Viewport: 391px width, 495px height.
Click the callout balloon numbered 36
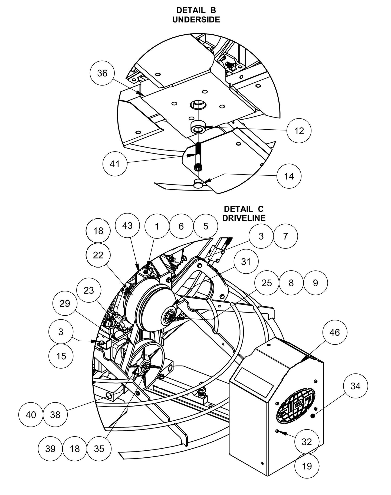(x=102, y=73)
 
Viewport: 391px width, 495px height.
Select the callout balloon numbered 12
(x=299, y=131)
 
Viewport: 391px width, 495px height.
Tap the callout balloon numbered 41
(x=115, y=164)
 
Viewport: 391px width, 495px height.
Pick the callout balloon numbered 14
(x=289, y=176)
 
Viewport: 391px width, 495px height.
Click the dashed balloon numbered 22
(x=98, y=255)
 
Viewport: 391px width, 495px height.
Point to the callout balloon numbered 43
(x=127, y=225)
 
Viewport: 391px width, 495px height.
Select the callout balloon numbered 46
(x=334, y=332)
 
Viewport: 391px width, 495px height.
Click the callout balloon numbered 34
(x=355, y=386)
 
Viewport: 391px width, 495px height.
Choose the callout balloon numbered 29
(x=65, y=304)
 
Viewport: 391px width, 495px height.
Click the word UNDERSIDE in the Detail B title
(x=196, y=19)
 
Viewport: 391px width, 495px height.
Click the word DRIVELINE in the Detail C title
(x=244, y=218)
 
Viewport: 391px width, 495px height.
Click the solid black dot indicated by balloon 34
(x=313, y=416)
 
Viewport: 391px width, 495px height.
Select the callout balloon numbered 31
(x=246, y=262)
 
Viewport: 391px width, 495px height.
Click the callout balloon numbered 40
(x=31, y=415)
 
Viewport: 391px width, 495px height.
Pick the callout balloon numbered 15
(x=61, y=356)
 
